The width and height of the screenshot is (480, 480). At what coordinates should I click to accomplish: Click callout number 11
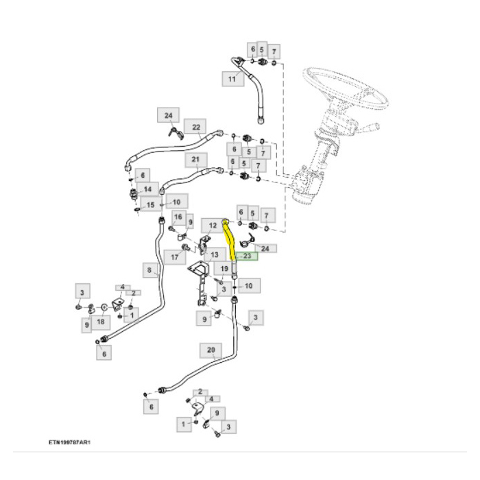(x=231, y=80)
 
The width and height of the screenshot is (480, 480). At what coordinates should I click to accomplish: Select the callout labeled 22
(x=196, y=128)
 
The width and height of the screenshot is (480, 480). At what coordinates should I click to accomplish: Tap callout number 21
(x=195, y=160)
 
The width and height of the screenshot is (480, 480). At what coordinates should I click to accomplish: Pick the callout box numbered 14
(x=147, y=188)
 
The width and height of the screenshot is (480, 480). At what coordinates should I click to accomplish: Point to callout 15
(x=148, y=204)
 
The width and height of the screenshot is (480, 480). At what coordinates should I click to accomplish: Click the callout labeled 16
(x=178, y=219)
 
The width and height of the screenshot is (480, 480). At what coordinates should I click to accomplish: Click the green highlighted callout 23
(x=248, y=256)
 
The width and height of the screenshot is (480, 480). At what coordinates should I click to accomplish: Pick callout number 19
(x=224, y=268)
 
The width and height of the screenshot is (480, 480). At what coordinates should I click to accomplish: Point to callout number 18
(x=101, y=321)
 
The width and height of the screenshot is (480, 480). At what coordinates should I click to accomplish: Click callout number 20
(x=212, y=350)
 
